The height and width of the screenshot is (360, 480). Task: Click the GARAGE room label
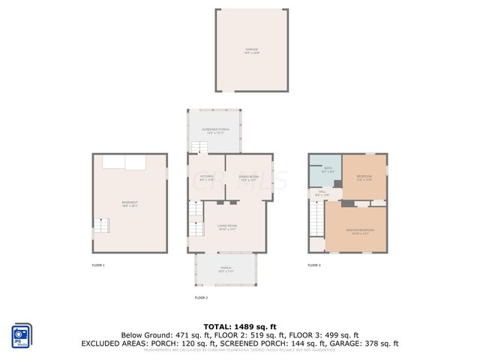pyautogui.click(x=251, y=51)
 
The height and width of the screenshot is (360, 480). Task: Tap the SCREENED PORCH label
pyautogui.click(x=215, y=131)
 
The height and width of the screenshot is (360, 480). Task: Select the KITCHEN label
pyautogui.click(x=207, y=178)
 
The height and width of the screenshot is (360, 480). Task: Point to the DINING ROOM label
pyautogui.click(x=248, y=178)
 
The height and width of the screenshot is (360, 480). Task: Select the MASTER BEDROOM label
pyautogui.click(x=361, y=231)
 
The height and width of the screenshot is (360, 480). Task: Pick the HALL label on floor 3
pyautogui.click(x=322, y=193)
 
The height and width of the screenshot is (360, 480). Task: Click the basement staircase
pyautogui.click(x=101, y=225)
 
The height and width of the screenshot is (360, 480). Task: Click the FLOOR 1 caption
pyautogui.click(x=98, y=265)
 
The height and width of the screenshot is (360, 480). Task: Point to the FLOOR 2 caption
pyautogui.click(x=201, y=298)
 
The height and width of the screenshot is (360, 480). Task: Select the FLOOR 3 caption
pyautogui.click(x=313, y=265)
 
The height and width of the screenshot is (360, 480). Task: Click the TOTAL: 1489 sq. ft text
pyautogui.click(x=239, y=325)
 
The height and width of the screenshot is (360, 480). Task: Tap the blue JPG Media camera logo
pyautogui.click(x=21, y=335)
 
